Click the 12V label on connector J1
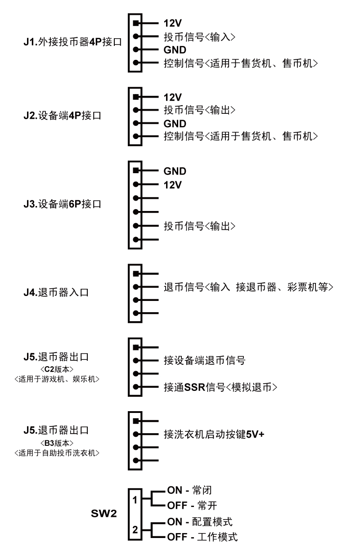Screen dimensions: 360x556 click(x=172, y=23)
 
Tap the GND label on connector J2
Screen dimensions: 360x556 click(x=175, y=124)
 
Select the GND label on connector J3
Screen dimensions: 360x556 click(x=175, y=171)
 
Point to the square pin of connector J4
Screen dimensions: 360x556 click(x=136, y=274)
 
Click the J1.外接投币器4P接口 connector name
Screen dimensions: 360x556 click(x=73, y=42)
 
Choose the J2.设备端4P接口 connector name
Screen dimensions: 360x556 click(x=62, y=116)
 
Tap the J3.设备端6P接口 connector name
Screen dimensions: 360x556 click(x=62, y=204)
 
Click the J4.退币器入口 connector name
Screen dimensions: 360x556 click(x=56, y=292)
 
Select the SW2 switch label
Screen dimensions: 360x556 click(x=104, y=514)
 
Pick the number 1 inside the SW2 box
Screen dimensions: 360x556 click(x=135, y=500)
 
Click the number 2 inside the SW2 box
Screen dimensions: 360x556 click(x=135, y=530)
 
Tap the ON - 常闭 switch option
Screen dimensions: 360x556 click(x=189, y=490)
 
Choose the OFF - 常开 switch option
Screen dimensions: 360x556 click(x=192, y=505)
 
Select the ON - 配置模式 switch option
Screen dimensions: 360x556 click(x=200, y=522)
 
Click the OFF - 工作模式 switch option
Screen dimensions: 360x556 click(x=202, y=537)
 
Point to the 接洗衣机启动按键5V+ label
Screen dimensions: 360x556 click(x=214, y=434)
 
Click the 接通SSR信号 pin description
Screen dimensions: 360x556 click(x=194, y=387)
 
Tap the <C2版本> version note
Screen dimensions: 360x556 click(x=57, y=369)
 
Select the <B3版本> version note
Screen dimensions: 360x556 click(x=57, y=443)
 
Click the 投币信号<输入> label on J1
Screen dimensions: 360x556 click(x=199, y=37)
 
